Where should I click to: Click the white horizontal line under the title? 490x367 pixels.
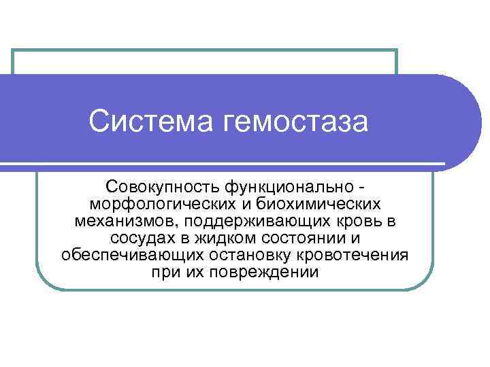click(225, 164)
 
